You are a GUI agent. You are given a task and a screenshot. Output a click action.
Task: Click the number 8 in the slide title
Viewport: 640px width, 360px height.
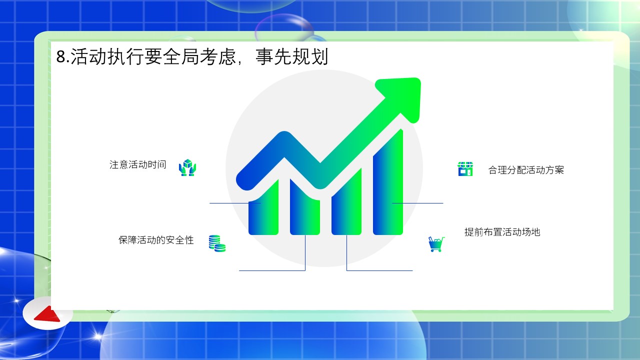pos(60,56)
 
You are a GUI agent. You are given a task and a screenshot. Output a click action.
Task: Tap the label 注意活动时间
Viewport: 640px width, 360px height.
pos(137,164)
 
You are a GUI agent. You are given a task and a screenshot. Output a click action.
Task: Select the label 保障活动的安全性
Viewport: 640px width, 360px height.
pos(156,240)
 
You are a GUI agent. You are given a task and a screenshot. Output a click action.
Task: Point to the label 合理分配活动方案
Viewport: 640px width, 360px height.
pos(526,170)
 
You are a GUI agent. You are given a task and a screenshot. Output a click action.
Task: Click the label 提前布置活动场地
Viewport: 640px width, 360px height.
pos(502,232)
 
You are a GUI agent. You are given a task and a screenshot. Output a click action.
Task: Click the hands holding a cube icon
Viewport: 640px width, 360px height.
pos(187,167)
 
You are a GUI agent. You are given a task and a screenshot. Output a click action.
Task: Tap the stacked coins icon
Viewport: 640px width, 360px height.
pos(217,243)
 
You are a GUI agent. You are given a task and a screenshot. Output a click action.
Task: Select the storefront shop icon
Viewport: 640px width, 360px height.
pos(465,169)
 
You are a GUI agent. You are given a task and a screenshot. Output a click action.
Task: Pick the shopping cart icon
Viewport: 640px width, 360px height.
pos(436,244)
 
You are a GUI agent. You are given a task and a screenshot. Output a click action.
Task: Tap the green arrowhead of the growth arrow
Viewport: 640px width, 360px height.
pos(401,97)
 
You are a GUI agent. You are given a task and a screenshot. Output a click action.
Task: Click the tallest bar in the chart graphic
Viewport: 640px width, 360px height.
pos(388,188)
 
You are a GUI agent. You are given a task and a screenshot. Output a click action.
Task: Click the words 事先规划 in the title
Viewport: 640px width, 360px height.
pos(291,56)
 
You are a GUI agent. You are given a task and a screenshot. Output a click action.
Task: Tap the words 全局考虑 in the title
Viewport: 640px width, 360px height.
pos(199,56)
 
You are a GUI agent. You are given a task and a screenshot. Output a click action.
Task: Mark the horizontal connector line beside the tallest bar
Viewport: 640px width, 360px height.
pos(417,203)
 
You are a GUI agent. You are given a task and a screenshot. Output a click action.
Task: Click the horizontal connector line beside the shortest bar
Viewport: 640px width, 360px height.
pos(235,203)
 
